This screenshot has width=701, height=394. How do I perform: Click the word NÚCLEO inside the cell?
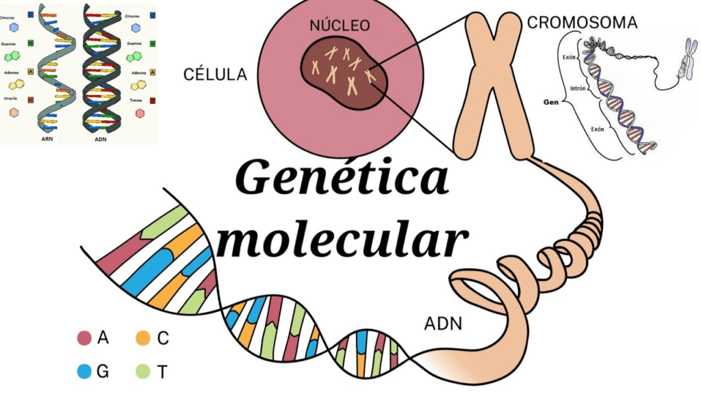tap(340, 26)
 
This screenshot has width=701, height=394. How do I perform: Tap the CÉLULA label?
tap(215, 75)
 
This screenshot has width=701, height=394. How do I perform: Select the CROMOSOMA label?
tap(582, 23)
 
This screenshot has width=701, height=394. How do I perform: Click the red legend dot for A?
tap(84, 337)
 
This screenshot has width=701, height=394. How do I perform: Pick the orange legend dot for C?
tap(142, 337)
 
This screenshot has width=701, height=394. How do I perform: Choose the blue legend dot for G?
tap(84, 371)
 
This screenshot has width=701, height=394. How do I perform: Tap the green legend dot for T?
tap(142, 371)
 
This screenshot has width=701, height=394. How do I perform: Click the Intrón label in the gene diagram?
tap(579, 88)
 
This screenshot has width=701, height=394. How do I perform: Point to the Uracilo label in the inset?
tap(10, 96)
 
